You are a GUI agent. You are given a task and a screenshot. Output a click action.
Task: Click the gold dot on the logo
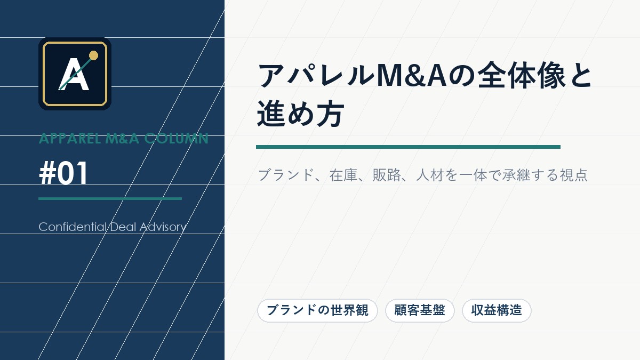(x=93, y=55)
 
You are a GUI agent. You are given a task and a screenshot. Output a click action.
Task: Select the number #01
(x=63, y=174)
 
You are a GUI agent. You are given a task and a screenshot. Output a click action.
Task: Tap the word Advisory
(x=162, y=227)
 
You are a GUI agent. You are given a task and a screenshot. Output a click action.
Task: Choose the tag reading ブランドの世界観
(x=317, y=310)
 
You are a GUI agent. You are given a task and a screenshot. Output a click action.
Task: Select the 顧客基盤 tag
(x=419, y=310)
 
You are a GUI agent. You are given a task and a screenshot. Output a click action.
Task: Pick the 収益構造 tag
(x=497, y=310)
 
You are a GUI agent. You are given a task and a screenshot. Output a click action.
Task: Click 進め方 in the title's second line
(x=300, y=115)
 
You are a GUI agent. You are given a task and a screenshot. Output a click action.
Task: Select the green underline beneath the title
(x=408, y=147)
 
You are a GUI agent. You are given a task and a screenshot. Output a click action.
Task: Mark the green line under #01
(x=110, y=198)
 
